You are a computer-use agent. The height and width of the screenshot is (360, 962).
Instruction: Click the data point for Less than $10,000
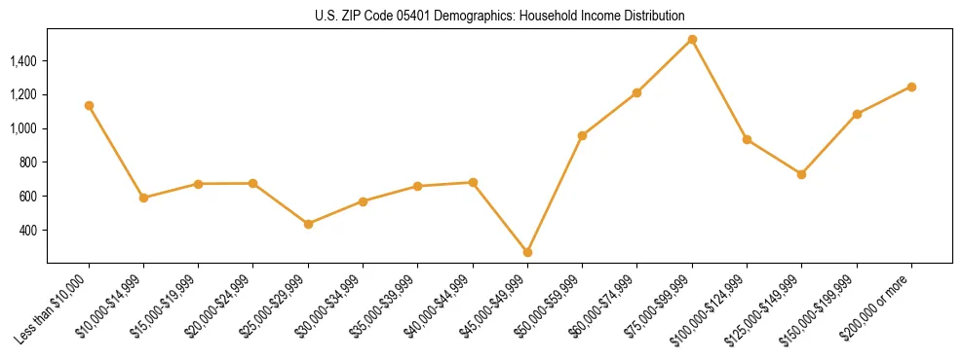click(x=89, y=105)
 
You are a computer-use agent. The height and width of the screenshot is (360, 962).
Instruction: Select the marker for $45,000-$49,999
click(x=527, y=252)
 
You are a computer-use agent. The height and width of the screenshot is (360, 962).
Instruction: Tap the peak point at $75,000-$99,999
click(x=692, y=40)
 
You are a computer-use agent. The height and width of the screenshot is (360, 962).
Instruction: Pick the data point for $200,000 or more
click(x=911, y=87)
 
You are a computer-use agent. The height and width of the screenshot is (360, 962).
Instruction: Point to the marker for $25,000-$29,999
click(x=308, y=224)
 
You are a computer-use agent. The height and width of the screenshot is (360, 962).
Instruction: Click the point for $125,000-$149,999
click(x=801, y=174)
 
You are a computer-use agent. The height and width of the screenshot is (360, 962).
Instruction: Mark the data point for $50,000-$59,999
click(x=582, y=135)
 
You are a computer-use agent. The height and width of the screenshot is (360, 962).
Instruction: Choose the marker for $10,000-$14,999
click(x=143, y=198)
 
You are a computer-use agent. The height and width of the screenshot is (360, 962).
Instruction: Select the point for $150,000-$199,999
click(x=857, y=114)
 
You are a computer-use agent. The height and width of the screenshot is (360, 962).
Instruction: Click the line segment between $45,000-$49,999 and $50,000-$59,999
click(x=555, y=194)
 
